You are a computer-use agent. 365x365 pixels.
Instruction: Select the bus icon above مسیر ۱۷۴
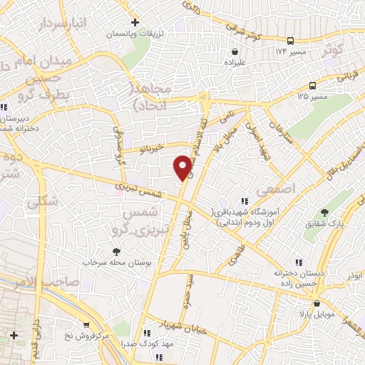(290, 41)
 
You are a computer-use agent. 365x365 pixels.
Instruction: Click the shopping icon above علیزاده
(235, 51)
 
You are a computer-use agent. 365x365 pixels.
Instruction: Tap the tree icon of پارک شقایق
(325, 212)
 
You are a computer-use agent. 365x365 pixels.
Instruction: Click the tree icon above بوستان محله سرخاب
(116, 251)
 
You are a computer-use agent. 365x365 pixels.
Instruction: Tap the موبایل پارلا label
(308, 314)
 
